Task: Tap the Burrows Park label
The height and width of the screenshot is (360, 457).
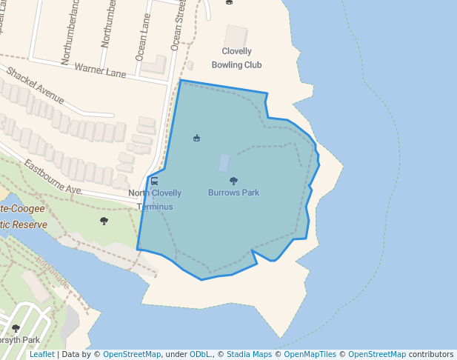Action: (x=233, y=193)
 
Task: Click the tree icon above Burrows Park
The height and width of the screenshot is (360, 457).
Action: (x=233, y=181)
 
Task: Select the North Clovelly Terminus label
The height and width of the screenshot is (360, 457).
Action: (x=155, y=199)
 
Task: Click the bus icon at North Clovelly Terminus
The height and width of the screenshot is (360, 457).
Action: (x=154, y=181)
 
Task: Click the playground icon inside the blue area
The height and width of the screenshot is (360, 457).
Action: (x=196, y=138)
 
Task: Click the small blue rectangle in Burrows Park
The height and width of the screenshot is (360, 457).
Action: (x=224, y=163)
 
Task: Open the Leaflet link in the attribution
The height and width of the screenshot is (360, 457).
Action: (x=41, y=354)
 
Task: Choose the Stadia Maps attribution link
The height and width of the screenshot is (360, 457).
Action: (x=249, y=354)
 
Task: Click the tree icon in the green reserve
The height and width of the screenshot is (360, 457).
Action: (x=104, y=220)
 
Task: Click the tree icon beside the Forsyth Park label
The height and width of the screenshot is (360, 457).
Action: (x=16, y=328)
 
